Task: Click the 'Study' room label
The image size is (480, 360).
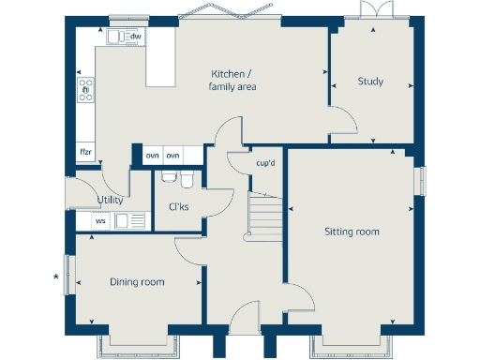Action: coord(370,82)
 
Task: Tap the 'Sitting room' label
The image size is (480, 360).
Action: coord(352,232)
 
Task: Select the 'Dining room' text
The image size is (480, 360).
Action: coord(137,282)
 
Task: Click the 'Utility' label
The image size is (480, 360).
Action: coord(111,200)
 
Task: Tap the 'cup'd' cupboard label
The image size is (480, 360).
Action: coord(265,163)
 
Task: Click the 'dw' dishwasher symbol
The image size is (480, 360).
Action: coord(136,37)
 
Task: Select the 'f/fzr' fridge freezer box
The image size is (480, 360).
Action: coord(85,152)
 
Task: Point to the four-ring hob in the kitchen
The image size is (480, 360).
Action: coord(85,90)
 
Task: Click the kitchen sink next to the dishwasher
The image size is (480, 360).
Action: coord(115,37)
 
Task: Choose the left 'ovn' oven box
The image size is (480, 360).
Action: coord(152,155)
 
